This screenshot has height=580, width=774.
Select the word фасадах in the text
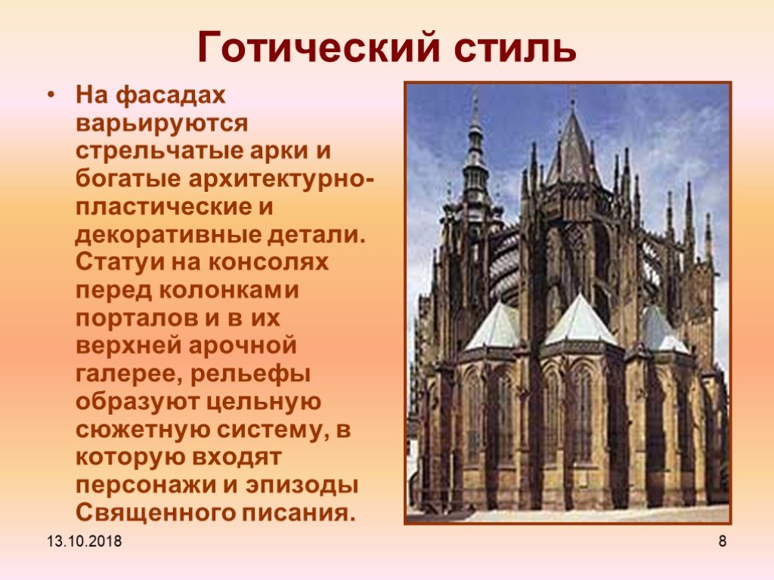coord(170,95)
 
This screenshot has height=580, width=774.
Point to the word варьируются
coord(162,123)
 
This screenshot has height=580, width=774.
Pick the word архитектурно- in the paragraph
coord(280,178)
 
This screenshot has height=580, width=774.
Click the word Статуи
coord(120,261)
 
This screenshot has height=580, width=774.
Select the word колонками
coord(229,289)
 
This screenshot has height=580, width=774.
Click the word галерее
coord(128,373)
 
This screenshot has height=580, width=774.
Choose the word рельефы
coord(250,373)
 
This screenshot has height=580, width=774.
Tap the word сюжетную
coord(143,429)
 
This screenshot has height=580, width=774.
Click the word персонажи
coord(146,485)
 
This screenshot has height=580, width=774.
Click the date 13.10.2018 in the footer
coord(85,541)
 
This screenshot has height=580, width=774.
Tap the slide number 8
coord(722,541)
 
